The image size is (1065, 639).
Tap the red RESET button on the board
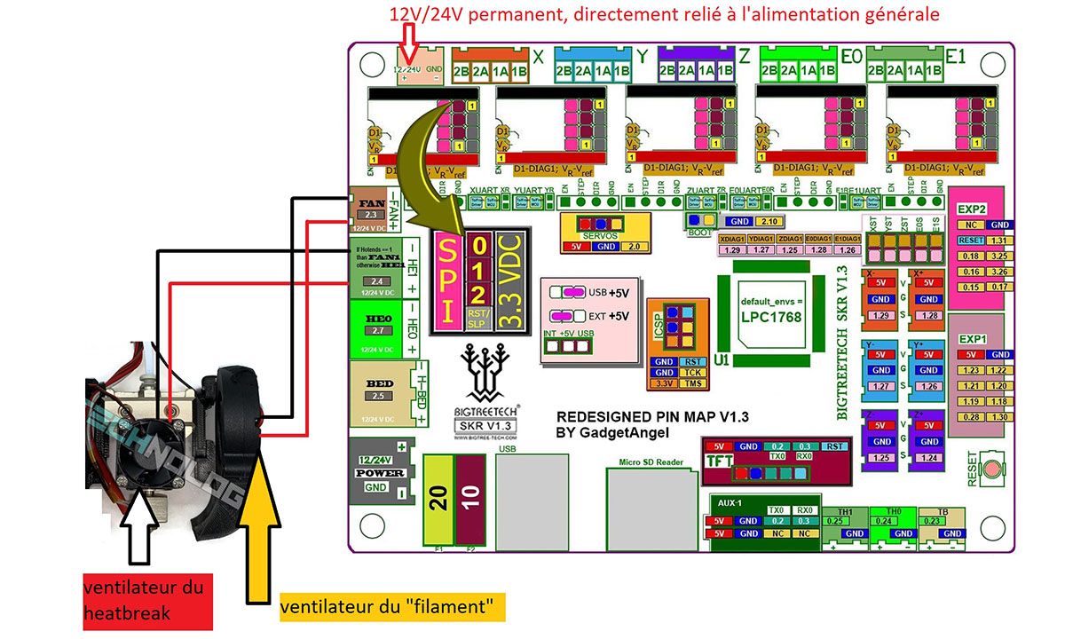point(995,468)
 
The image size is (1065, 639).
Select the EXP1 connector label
point(973,339)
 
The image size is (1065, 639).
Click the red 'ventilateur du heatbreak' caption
point(143,600)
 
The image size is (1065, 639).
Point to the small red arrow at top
point(409,40)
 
